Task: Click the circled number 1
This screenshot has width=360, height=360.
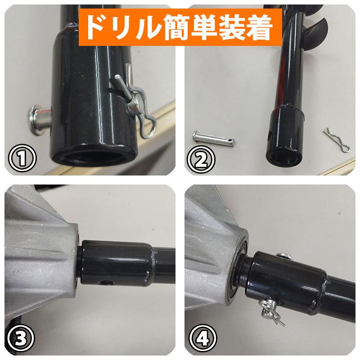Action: click(x=22, y=158)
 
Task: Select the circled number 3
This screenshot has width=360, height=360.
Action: click(x=21, y=338)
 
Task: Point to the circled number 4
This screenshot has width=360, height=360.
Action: click(x=203, y=338)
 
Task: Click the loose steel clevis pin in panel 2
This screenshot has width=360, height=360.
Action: click(x=213, y=139)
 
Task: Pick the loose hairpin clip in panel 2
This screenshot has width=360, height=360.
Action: click(x=337, y=140)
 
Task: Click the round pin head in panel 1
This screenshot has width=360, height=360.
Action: click(x=39, y=120)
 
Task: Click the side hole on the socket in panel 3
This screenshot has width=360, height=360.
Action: click(x=104, y=283)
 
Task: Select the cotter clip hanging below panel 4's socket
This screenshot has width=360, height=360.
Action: click(x=271, y=311)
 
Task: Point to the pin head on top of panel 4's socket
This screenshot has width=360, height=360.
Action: click(x=284, y=256)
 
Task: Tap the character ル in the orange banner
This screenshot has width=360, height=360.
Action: click(x=149, y=27)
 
